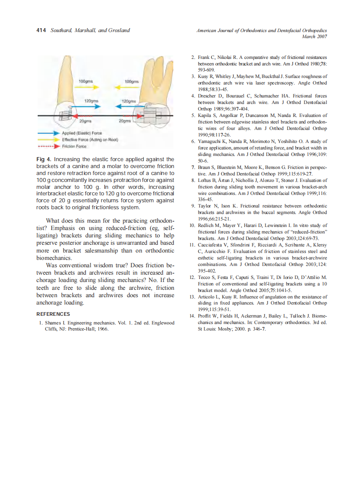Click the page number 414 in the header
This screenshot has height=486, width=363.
coord(41,30)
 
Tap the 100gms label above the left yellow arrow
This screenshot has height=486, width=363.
coord(85,81)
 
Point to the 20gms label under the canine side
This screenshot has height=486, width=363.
coord(85,121)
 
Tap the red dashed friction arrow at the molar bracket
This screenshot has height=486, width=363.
coord(128,116)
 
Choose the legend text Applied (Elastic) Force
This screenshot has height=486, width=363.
coord(82,133)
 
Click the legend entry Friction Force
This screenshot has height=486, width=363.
coord(75,146)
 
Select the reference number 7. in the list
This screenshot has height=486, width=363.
coord(194,167)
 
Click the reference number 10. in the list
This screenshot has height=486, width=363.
coord(193,225)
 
